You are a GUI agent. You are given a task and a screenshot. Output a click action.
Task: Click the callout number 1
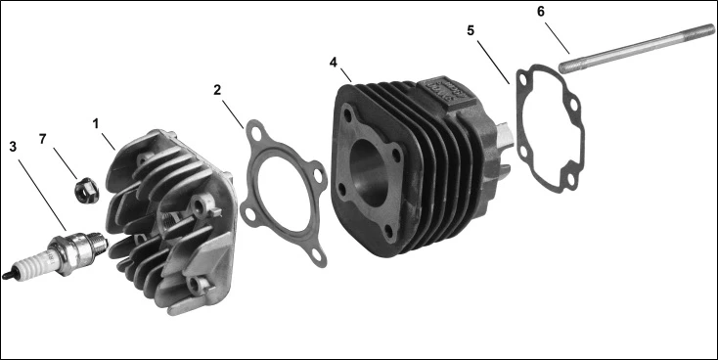[95, 124]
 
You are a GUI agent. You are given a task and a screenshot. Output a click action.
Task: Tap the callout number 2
[217, 90]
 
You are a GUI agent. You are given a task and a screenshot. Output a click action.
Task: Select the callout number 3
[13, 147]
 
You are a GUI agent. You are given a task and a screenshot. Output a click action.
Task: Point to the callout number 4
[334, 63]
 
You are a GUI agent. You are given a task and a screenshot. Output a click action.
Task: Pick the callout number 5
[471, 30]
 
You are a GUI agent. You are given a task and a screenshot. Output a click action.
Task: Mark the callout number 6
[541, 12]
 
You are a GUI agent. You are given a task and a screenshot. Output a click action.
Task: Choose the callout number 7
[43, 139]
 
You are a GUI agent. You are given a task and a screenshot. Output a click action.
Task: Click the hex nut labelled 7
[86, 191]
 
